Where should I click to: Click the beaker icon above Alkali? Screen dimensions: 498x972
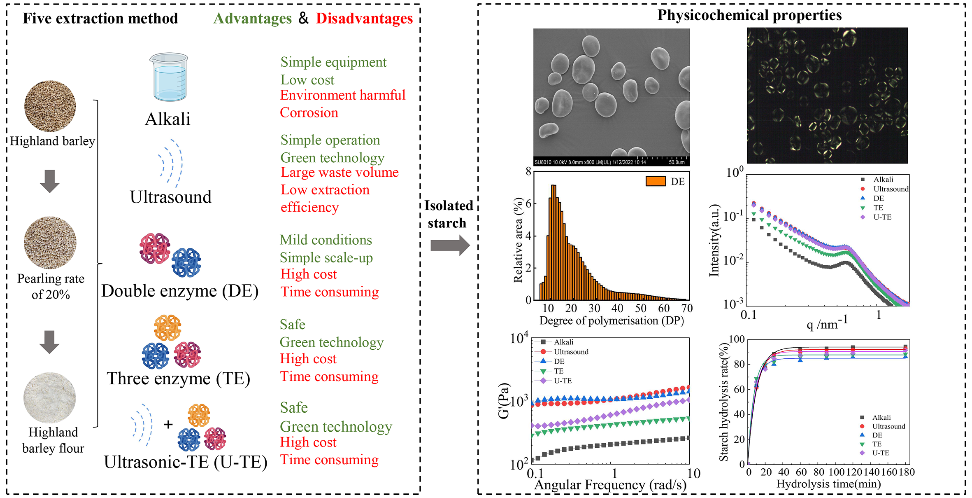point(168,77)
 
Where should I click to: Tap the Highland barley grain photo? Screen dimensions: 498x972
point(50,106)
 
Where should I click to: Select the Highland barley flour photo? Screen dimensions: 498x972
point(50,398)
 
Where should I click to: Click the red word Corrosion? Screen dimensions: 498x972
point(309,113)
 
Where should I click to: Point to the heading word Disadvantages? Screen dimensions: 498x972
point(364,19)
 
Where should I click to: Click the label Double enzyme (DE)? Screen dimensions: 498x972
point(180,291)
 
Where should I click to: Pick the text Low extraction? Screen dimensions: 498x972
point(325,190)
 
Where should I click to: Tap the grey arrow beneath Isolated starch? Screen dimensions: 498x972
point(450,245)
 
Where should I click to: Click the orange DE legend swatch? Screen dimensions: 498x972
point(656,181)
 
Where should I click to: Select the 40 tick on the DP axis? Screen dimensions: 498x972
point(617,308)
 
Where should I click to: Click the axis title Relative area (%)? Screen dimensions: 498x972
point(518,240)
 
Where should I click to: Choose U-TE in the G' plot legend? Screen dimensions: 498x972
point(563,381)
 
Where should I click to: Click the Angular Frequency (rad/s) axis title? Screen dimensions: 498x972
point(610,485)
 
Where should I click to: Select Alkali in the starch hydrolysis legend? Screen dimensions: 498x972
point(881,417)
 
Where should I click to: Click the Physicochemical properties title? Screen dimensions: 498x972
point(749,15)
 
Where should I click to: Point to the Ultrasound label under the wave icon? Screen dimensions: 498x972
point(171,197)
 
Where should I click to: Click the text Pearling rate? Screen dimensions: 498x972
point(51,279)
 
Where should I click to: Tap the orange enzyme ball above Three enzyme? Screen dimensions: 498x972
point(167,327)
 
